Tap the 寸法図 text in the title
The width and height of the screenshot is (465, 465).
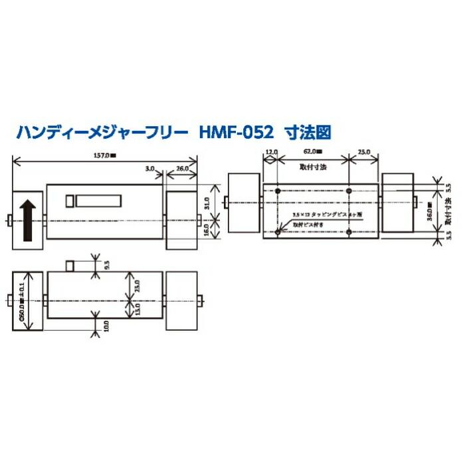pyautogui.click(x=306, y=132)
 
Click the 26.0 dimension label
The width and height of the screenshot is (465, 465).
pyautogui.click(x=181, y=170)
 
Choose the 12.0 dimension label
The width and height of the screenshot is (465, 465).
pyautogui.click(x=270, y=152)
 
